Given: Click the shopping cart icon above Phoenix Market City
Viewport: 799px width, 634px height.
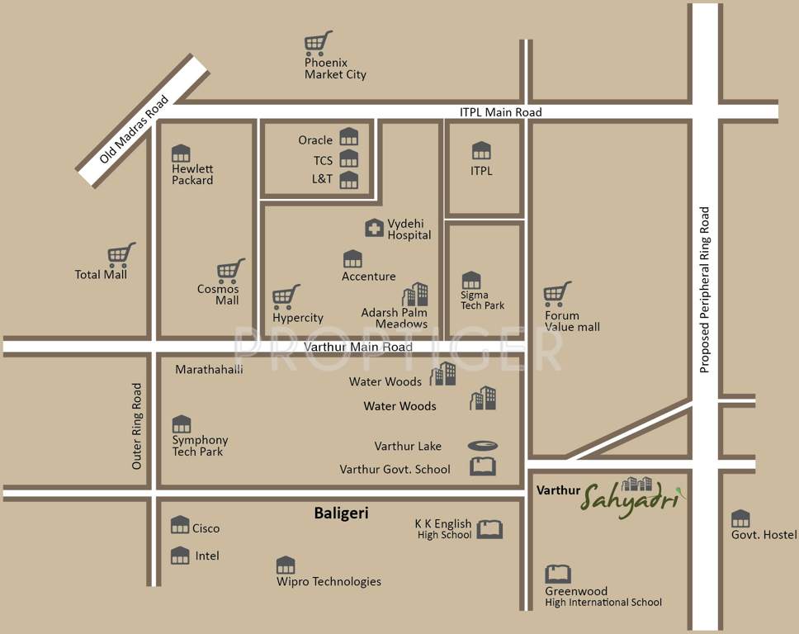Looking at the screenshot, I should (318, 42).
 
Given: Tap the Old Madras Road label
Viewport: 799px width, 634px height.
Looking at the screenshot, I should (135, 129).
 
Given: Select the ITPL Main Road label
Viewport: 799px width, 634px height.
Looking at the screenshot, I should (500, 112).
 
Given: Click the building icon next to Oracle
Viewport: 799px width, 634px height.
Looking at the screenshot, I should (349, 137).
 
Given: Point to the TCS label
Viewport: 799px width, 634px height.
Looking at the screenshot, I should (323, 160).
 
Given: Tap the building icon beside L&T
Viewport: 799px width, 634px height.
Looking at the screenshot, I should (349, 180).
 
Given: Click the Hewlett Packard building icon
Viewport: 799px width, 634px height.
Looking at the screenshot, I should (181, 153).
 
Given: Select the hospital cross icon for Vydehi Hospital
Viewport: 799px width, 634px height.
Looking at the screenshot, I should (374, 228).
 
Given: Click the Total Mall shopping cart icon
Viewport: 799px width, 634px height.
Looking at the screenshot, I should (121, 254).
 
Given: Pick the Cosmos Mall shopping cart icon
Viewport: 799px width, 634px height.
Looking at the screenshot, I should (230, 271).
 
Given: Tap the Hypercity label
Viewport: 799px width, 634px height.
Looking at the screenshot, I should (298, 318).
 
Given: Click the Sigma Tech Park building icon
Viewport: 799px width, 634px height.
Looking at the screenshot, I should (470, 280).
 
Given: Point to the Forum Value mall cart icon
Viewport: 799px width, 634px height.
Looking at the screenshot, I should (558, 294).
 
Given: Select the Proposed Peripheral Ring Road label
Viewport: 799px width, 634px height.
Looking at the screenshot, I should (705, 290).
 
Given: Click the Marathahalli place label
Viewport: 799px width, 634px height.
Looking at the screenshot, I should (209, 370).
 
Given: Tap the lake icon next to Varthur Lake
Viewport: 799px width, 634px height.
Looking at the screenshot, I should (482, 446).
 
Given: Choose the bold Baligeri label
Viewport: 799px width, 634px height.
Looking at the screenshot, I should (341, 513).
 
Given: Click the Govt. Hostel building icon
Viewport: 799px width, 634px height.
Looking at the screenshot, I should (740, 518).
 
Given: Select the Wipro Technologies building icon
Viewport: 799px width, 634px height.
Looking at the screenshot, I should (286, 565).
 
